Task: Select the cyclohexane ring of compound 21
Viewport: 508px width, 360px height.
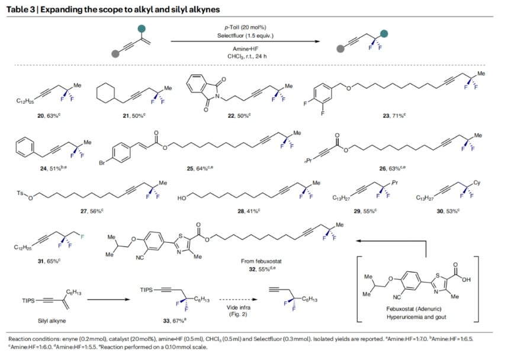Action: pyautogui.click(x=107, y=93)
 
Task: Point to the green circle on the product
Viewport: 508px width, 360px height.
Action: pyautogui.click(x=384, y=34)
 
